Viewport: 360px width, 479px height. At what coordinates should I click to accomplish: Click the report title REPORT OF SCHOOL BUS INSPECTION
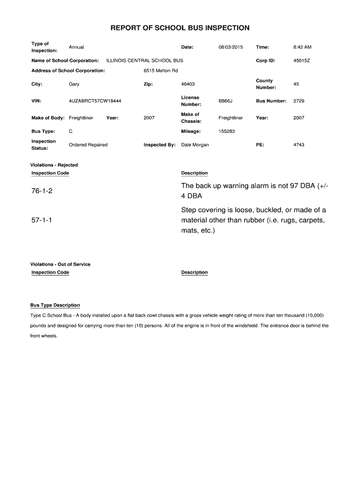(x=180, y=28)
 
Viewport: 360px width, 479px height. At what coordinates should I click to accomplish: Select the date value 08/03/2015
(x=230, y=47)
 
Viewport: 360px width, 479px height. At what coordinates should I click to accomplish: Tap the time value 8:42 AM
(x=302, y=47)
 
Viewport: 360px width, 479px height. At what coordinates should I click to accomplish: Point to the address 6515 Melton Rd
(x=161, y=71)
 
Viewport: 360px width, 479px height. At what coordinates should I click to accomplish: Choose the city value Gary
(x=74, y=84)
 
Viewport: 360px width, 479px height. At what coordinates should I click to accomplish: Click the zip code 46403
(x=187, y=84)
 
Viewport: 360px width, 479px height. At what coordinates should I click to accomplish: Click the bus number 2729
(x=299, y=101)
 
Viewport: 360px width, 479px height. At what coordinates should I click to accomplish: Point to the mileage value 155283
(x=227, y=131)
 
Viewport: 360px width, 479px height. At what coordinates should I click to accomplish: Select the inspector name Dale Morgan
(x=195, y=145)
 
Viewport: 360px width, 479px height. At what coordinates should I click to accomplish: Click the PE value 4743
(x=299, y=145)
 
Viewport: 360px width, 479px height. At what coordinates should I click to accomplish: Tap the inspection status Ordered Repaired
(x=88, y=145)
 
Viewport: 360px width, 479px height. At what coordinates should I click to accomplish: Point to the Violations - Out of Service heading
(x=60, y=264)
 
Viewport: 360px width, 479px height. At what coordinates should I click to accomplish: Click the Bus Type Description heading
(x=55, y=305)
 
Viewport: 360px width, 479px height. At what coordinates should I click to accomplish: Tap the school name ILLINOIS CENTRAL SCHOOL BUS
(x=145, y=61)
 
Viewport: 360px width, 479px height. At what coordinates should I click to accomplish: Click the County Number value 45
(x=296, y=84)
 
